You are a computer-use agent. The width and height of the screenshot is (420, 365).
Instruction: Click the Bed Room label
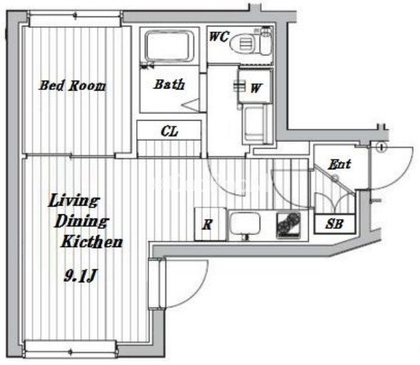click(73, 86)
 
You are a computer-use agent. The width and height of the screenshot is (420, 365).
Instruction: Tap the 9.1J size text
click(80, 276)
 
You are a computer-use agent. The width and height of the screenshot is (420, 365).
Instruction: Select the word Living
click(74, 201)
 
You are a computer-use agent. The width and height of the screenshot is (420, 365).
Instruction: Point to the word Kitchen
click(92, 242)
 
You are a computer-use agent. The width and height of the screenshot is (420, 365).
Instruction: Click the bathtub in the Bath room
click(169, 47)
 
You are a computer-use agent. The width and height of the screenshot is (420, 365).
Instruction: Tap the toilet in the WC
click(250, 43)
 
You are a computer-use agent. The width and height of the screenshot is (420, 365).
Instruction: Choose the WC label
click(219, 36)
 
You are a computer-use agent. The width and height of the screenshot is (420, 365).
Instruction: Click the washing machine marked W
click(255, 86)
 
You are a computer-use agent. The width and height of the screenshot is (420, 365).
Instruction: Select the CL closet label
click(169, 131)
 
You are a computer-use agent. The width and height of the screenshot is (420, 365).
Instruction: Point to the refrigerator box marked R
click(210, 224)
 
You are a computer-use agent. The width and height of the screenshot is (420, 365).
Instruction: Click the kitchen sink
click(245, 224)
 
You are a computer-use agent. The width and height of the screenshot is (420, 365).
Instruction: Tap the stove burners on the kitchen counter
click(289, 225)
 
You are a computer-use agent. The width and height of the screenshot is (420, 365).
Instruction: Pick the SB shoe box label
click(334, 224)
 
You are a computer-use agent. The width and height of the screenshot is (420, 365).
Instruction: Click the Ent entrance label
click(339, 164)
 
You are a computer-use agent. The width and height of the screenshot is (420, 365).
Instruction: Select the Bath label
click(170, 84)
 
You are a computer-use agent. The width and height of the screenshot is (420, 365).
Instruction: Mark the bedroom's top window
click(75, 19)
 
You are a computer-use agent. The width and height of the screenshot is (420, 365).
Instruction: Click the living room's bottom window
click(71, 349)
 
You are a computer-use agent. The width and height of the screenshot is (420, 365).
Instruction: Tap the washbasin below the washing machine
click(256, 124)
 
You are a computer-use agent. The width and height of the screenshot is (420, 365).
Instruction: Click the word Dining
click(81, 221)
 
